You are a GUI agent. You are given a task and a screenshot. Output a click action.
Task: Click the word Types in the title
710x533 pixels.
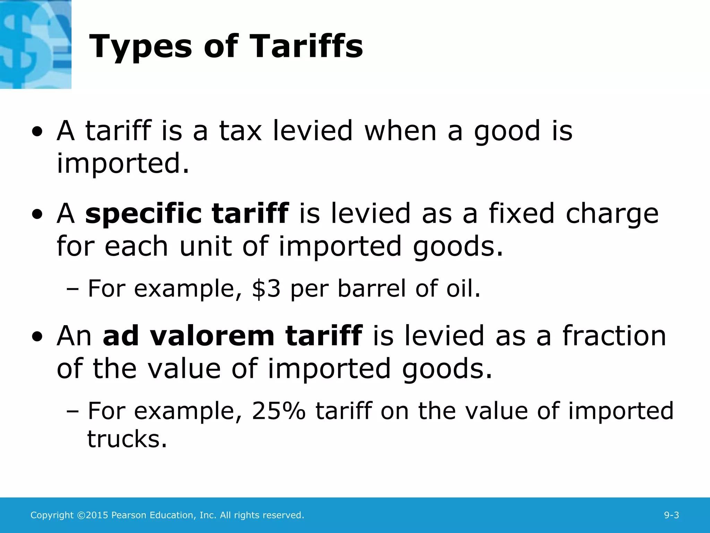click(x=140, y=47)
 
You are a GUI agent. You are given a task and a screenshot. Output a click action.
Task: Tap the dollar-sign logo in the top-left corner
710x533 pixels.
click(x=35, y=44)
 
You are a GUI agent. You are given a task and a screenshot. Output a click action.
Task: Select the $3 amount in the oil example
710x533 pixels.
click(x=266, y=289)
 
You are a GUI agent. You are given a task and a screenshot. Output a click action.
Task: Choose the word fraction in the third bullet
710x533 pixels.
click(x=614, y=336)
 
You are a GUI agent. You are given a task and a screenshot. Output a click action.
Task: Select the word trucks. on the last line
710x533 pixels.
click(x=127, y=439)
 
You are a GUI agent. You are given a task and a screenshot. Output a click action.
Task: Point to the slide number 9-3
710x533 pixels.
click(x=671, y=515)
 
